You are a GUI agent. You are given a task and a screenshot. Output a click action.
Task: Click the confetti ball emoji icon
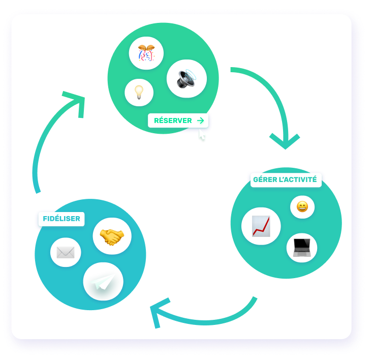(146, 53)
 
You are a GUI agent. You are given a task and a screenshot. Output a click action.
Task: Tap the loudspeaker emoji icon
(186, 79)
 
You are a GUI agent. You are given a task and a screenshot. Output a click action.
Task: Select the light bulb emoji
(139, 92)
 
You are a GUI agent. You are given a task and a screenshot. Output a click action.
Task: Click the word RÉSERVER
(173, 121)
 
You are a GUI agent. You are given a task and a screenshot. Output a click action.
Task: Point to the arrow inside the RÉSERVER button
(200, 121)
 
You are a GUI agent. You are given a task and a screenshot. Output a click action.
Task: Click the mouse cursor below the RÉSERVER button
(202, 136)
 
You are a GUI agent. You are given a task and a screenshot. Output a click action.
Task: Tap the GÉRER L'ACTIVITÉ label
(286, 179)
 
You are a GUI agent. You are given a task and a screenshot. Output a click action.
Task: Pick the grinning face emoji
(302, 207)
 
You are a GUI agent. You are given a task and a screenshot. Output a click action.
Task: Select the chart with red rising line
(261, 226)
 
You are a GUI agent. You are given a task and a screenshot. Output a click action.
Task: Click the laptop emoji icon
(301, 247)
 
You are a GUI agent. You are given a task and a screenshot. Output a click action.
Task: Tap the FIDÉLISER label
(61, 219)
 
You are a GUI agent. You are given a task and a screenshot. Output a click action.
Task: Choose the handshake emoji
(112, 236)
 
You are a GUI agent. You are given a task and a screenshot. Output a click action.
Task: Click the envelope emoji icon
(66, 252)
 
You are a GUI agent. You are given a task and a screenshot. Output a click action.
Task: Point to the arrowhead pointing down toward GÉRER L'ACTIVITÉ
(285, 140)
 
